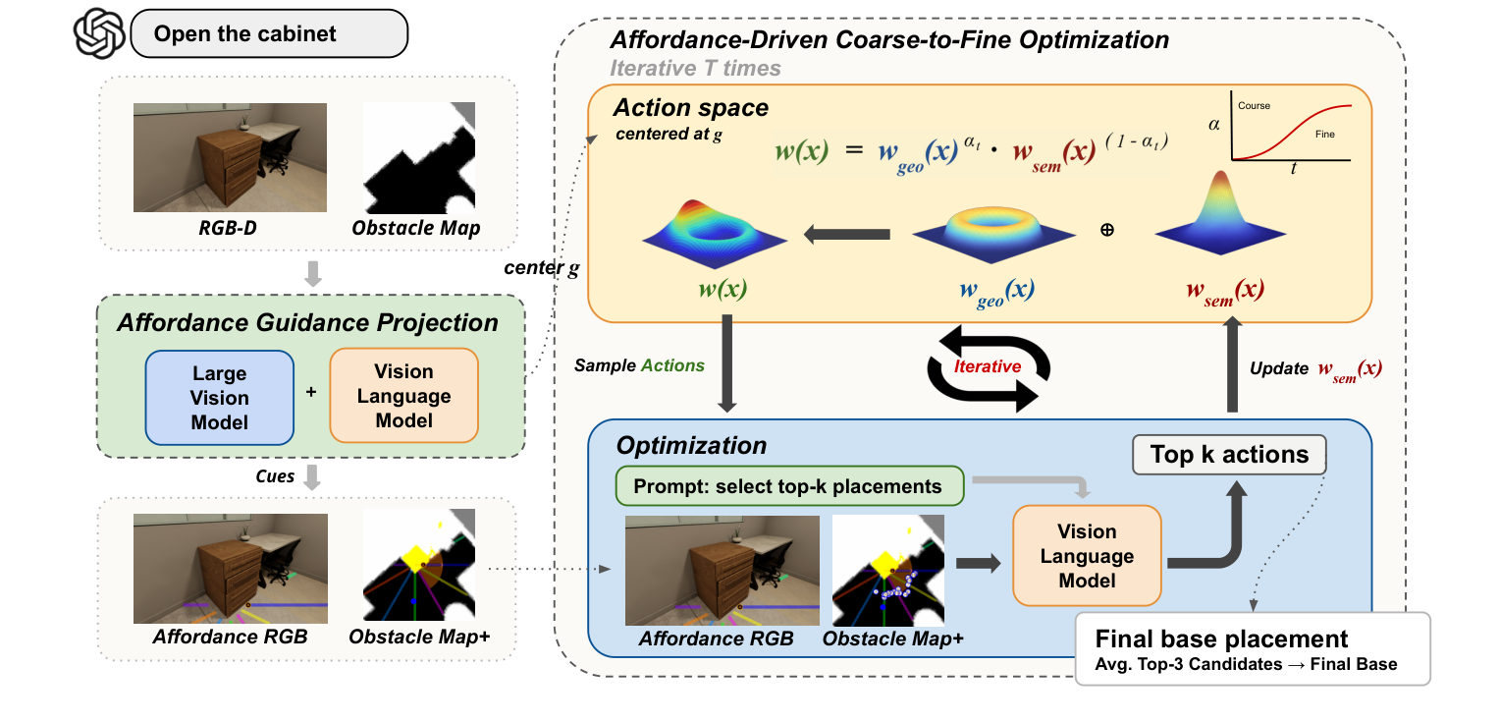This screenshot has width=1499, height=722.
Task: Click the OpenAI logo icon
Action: pos(99,33)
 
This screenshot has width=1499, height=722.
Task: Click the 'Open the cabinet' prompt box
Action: pos(267,34)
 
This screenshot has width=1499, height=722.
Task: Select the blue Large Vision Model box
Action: pos(219,398)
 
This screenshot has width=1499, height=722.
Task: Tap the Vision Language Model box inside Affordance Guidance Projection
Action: pos(403,397)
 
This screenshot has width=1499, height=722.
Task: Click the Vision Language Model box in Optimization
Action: pos(1087,556)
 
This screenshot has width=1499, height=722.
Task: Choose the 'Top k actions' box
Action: pos(1228,455)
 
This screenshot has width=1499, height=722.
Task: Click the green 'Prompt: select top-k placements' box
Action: pos(788,486)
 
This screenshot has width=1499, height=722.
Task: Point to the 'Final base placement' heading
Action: pos(1221,639)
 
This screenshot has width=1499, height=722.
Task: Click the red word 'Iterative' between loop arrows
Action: pos(988,365)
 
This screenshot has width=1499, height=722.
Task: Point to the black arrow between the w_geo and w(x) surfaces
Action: pos(847,235)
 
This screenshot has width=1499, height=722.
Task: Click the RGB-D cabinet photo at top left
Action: pos(230,157)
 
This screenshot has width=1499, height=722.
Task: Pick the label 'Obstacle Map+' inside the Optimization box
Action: pos(892,639)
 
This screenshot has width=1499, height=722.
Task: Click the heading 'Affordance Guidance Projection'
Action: pos(307,323)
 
